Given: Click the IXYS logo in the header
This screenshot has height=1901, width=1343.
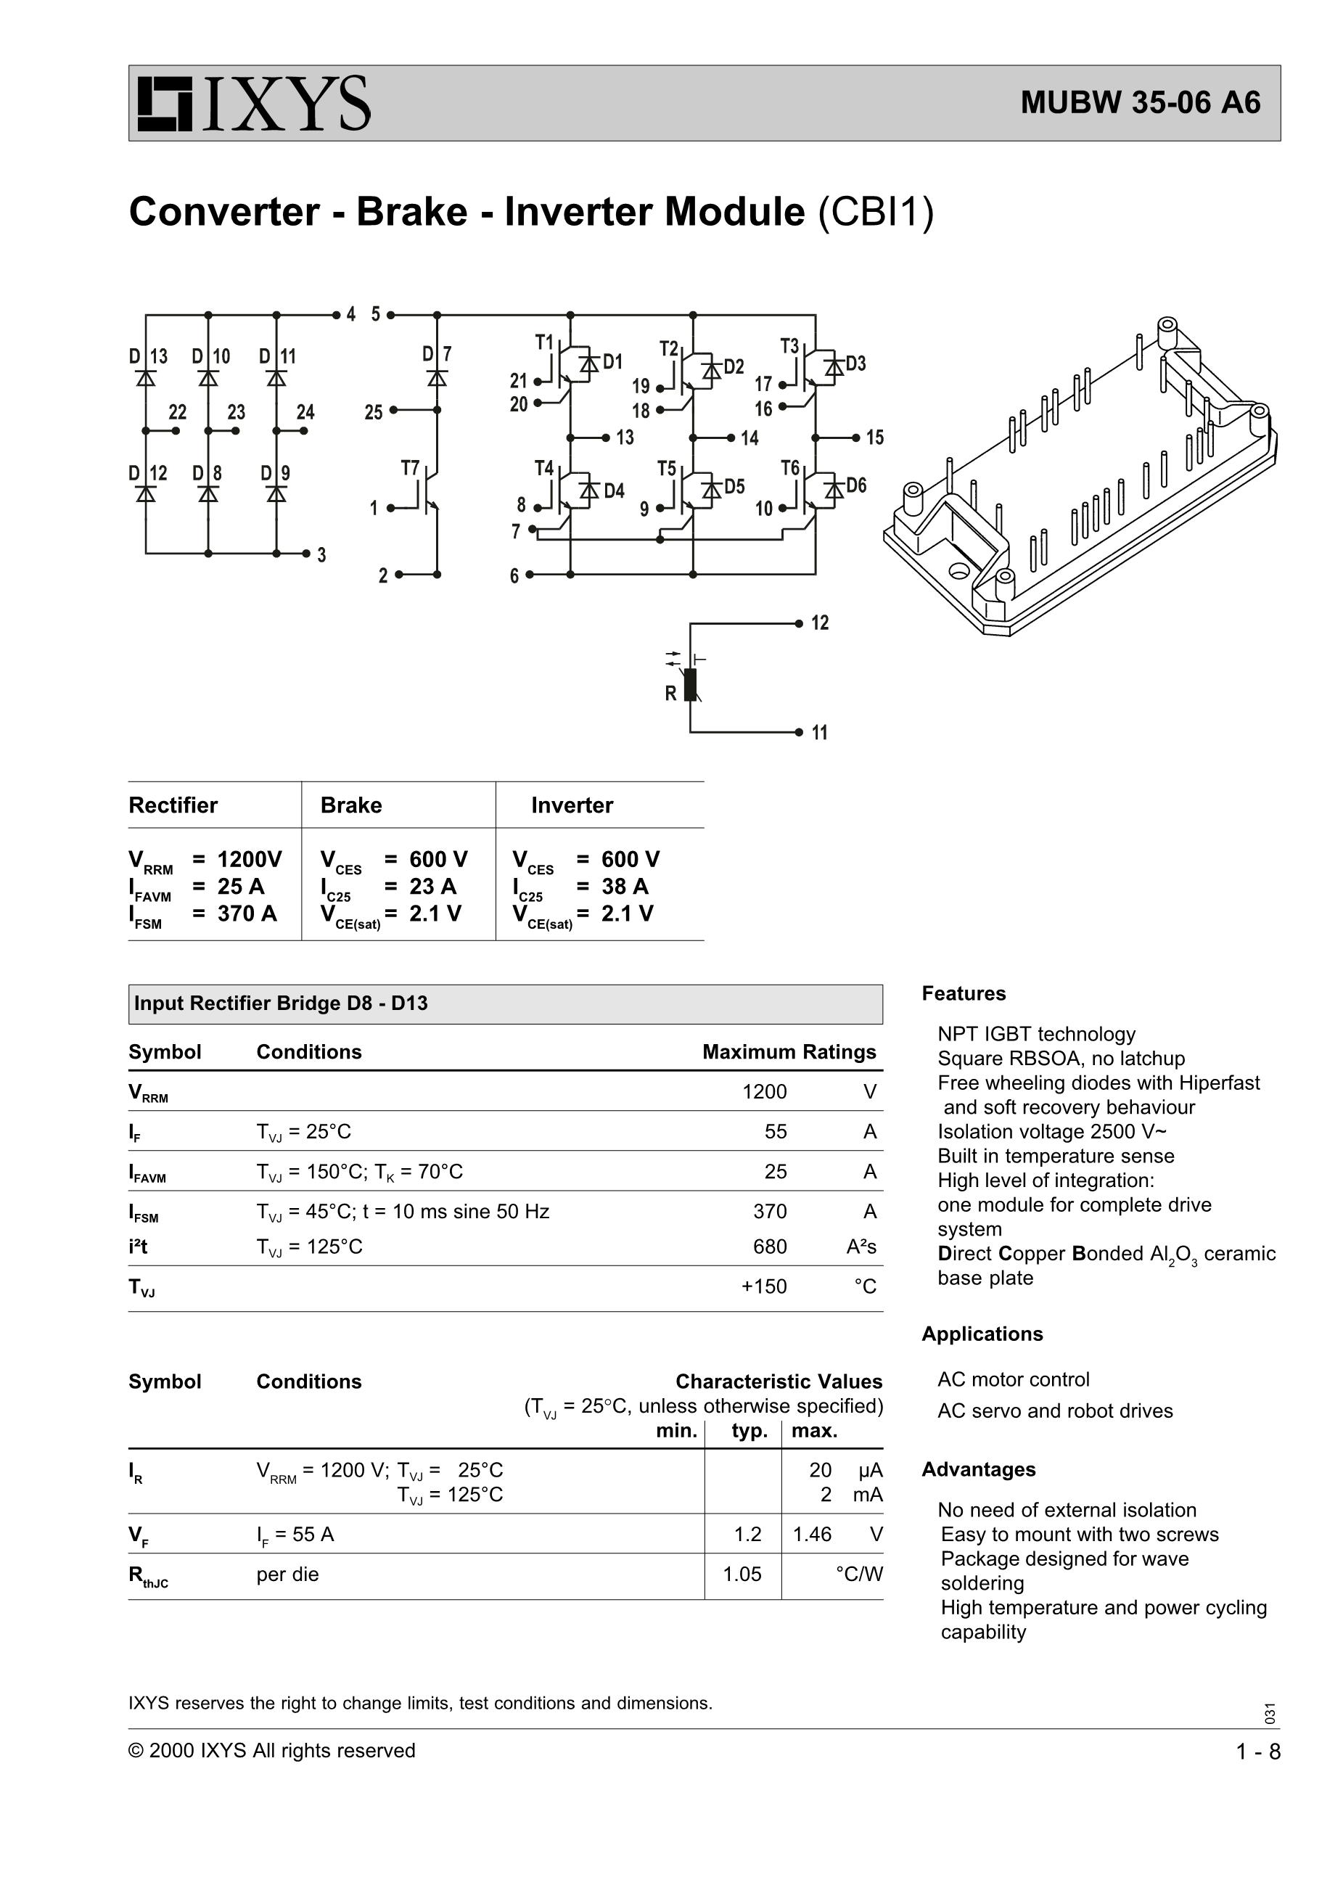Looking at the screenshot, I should pyautogui.click(x=253, y=104).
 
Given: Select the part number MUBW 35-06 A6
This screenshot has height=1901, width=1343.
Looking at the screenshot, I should pyautogui.click(x=1140, y=102).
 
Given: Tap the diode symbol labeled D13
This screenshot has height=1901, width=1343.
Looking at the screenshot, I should pyautogui.click(x=146, y=378).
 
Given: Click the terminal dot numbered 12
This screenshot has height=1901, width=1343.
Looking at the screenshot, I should pyautogui.click(x=798, y=623).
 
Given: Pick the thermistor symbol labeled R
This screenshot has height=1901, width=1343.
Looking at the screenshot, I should pyautogui.click(x=691, y=685).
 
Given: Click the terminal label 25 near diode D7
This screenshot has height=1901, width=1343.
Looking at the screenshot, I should pyautogui.click(x=374, y=411).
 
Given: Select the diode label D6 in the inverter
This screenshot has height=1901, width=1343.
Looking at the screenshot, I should pyautogui.click(x=855, y=485).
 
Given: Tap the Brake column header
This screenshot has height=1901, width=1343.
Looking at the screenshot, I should pyautogui.click(x=351, y=805).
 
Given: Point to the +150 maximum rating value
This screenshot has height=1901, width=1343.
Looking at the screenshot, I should pyautogui.click(x=763, y=1286).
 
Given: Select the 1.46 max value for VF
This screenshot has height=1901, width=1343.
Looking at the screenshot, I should pyautogui.click(x=811, y=1534).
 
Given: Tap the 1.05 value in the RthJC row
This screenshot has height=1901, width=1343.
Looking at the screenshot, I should pyautogui.click(x=742, y=1574).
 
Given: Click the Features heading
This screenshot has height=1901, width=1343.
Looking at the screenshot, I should pyautogui.click(x=963, y=993).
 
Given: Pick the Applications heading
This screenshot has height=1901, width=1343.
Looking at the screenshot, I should pyautogui.click(x=982, y=1334).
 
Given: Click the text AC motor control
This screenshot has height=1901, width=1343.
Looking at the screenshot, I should pyautogui.click(x=1013, y=1379).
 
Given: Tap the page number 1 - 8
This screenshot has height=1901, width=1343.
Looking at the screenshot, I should pyautogui.click(x=1257, y=1751).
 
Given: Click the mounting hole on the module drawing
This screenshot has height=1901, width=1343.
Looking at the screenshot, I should pyautogui.click(x=960, y=570).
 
